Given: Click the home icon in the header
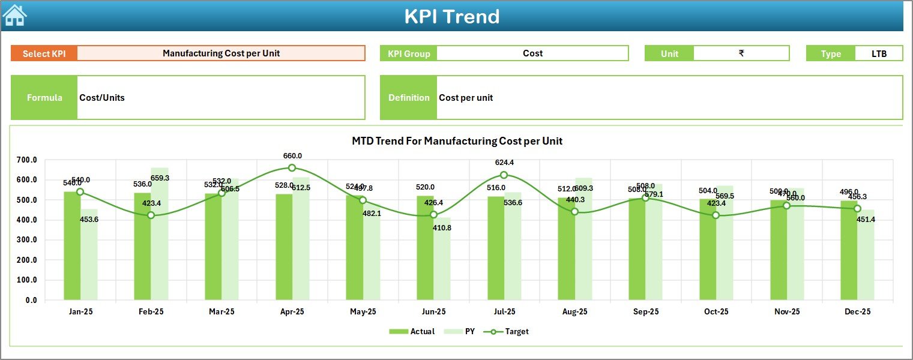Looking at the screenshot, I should tap(15, 16).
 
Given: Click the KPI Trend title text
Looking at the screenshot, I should tap(451, 16).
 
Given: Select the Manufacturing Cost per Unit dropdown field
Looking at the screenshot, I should tap(221, 53).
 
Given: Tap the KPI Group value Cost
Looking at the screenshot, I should tap(532, 53).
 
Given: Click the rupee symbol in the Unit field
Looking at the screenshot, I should tap(741, 53).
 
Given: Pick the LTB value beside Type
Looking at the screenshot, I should tap(879, 53).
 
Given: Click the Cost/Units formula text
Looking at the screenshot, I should tap(102, 98).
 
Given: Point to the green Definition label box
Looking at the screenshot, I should tap(408, 98).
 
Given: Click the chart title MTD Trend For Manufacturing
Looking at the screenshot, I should tap(456, 141).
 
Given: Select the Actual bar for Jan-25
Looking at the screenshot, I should tap(72, 246).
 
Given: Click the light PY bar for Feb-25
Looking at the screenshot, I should tap(160, 234).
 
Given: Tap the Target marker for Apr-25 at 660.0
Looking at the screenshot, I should tap(292, 168).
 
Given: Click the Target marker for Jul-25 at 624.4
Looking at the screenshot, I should tap(504, 175).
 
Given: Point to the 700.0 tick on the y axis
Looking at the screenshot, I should tap(27, 160).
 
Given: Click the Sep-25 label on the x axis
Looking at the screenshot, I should tap(645, 312).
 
